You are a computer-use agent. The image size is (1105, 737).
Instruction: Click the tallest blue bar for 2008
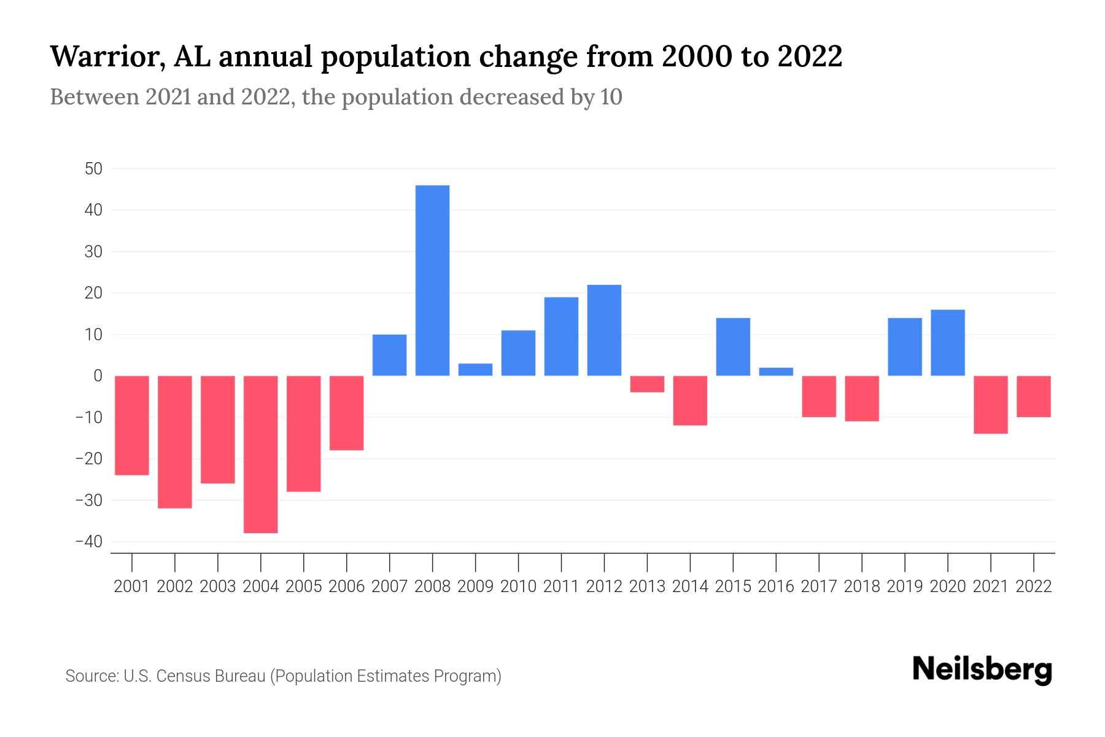432,280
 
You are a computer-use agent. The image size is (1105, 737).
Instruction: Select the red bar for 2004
260,454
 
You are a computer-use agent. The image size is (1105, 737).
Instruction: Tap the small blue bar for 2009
475,370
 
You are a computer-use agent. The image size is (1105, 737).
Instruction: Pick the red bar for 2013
647,384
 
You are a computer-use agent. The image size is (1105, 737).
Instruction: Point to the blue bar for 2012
604,330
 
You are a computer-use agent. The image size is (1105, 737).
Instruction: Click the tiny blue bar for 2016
776,372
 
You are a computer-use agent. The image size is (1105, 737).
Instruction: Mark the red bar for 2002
175,442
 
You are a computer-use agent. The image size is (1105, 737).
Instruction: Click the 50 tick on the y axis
93,169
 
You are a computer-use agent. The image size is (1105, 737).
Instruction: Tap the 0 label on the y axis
98,376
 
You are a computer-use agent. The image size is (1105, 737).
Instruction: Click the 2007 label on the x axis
389,587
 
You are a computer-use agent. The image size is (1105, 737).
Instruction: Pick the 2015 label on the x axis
733,587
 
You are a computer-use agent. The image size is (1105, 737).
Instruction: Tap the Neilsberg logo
982,670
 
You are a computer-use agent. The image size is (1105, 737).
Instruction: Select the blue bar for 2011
561,337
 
